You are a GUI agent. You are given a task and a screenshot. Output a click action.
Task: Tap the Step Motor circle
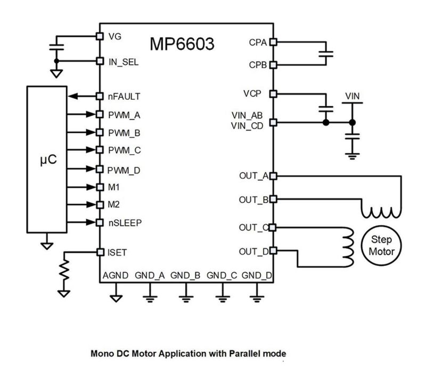coord(381,245)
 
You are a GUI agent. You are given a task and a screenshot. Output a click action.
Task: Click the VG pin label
coord(114,37)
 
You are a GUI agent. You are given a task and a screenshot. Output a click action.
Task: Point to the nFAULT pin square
coord(100,96)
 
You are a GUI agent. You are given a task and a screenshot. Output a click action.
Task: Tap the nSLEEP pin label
coord(124,223)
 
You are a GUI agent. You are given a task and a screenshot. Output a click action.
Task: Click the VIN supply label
coord(352,96)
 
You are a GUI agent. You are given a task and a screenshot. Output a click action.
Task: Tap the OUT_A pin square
coord(273,175)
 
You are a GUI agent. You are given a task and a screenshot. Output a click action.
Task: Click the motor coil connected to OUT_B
coord(380,213)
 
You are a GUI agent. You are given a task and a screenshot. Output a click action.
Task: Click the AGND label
coord(116,275)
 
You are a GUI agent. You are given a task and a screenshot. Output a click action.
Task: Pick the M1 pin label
coord(114,187)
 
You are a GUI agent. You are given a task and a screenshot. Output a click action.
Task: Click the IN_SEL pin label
coord(123,62)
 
